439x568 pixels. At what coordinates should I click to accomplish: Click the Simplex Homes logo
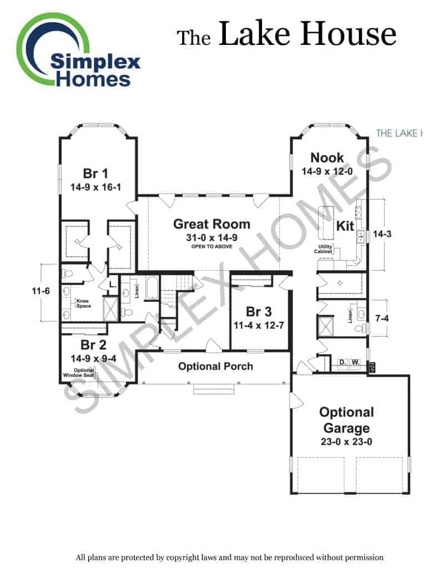(78, 50)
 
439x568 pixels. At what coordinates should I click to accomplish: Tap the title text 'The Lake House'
(286, 34)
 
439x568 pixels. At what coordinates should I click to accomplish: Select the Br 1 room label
(95, 174)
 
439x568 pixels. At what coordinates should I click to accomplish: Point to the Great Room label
(211, 224)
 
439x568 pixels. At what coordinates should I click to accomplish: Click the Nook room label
(327, 158)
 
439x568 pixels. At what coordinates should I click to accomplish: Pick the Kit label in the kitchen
(345, 226)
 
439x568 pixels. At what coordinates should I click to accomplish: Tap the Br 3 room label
(259, 312)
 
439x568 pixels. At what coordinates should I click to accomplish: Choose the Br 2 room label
(93, 345)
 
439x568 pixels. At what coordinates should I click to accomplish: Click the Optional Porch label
(216, 366)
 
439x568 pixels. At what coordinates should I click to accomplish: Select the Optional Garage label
(346, 420)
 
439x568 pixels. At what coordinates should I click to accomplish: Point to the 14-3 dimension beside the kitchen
(382, 234)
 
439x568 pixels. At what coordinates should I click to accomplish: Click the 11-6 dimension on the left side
(41, 291)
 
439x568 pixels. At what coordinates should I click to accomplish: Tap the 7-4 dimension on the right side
(382, 318)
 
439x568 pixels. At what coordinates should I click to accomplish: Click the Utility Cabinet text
(324, 249)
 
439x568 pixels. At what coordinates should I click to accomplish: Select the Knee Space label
(83, 303)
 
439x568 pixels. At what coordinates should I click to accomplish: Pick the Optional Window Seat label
(79, 373)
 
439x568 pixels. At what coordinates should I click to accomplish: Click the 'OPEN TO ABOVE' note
(211, 246)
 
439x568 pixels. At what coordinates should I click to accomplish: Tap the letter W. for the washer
(355, 362)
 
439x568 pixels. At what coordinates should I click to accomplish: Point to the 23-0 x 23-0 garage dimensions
(346, 442)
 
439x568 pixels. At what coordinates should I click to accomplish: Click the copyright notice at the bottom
(229, 557)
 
